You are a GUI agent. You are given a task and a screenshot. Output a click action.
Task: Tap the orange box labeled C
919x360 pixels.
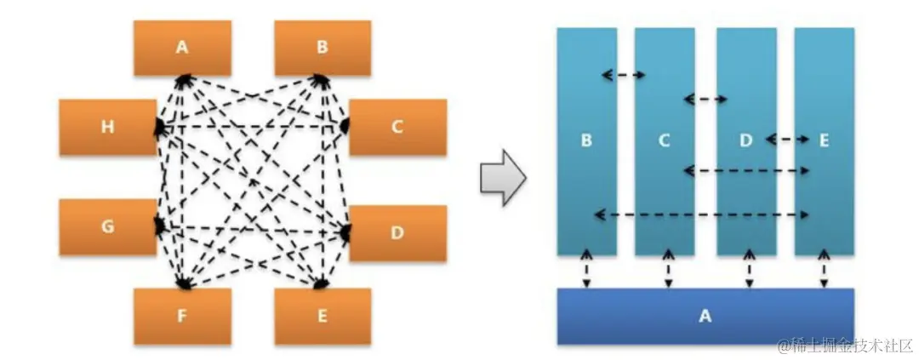pos(397,128)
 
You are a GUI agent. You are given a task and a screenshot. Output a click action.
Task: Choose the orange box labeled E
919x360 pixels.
pos(322,316)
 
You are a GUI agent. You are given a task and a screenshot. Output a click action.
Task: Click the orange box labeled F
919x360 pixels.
pos(181,316)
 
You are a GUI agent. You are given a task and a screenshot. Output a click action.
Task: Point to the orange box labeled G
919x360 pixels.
pos(107,228)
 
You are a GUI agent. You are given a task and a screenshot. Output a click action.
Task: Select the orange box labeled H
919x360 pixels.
pos(107,128)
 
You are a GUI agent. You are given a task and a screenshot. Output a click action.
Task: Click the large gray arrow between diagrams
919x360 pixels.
pos(503,177)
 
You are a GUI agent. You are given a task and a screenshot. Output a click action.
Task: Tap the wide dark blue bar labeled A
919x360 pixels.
pos(705,316)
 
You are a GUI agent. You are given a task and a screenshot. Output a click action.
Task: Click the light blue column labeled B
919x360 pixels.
pos(586,141)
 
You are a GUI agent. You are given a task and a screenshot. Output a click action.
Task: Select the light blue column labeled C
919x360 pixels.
pos(665,141)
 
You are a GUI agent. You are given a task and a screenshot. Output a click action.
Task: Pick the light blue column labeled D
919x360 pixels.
pos(745,141)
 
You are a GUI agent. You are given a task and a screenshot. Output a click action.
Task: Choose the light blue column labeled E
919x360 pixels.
pos(824,141)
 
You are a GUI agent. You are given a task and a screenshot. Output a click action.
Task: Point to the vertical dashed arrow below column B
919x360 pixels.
pos(586,269)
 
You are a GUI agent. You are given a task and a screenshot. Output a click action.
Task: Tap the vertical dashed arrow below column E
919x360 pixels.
pos(824,269)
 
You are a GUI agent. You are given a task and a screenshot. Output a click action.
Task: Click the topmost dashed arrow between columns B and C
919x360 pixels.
pos(624,75)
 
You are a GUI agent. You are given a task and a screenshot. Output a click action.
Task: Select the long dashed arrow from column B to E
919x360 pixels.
pos(701,214)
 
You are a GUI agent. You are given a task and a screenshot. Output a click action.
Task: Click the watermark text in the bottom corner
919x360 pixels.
pos(842,345)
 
